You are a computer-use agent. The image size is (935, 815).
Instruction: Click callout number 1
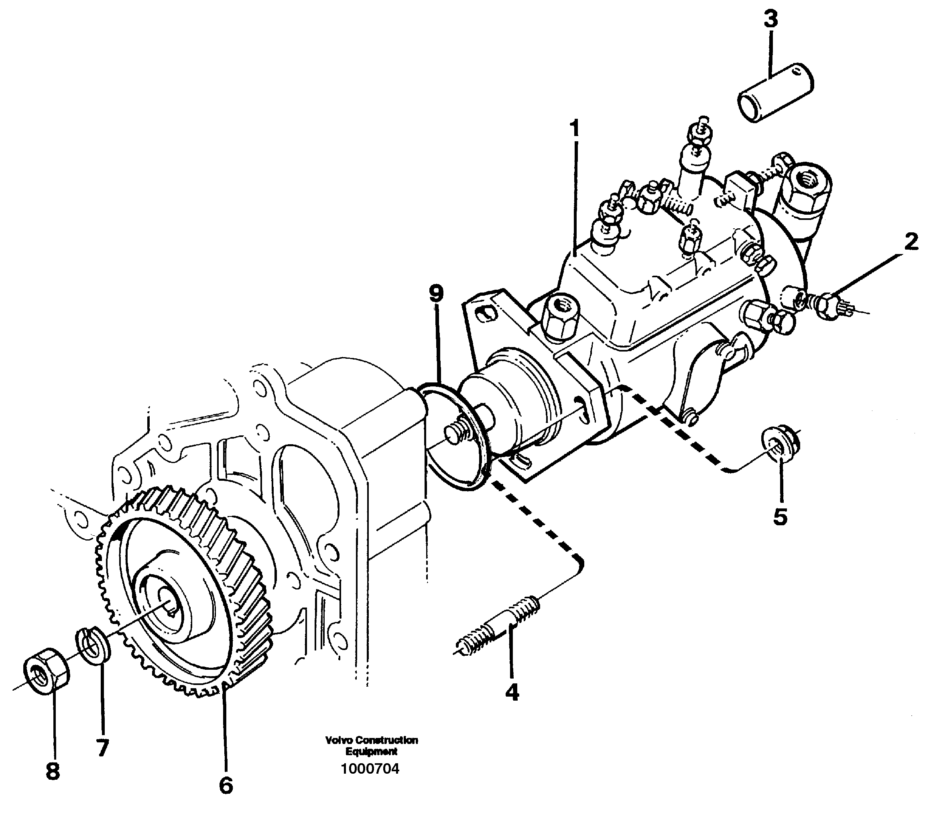click(x=575, y=129)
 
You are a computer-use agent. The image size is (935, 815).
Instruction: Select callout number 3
click(x=770, y=20)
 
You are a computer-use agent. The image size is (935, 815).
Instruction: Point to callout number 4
click(x=512, y=693)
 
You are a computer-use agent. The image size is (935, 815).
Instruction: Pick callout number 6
click(x=226, y=785)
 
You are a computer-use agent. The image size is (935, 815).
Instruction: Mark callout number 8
click(x=53, y=771)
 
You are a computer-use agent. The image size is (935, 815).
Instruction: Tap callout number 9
click(x=436, y=294)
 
